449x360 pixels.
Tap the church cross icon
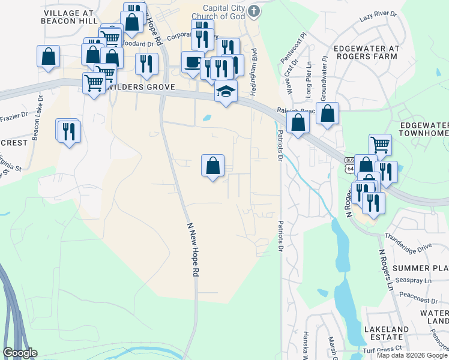pyautogui.click(x=255, y=11)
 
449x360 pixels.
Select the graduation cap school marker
pyautogui.click(x=226, y=92)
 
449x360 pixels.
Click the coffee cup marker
pyautogui.click(x=192, y=62)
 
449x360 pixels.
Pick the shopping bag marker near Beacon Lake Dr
pyautogui.click(x=48, y=57)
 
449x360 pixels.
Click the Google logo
pyautogui.click(x=20, y=353)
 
